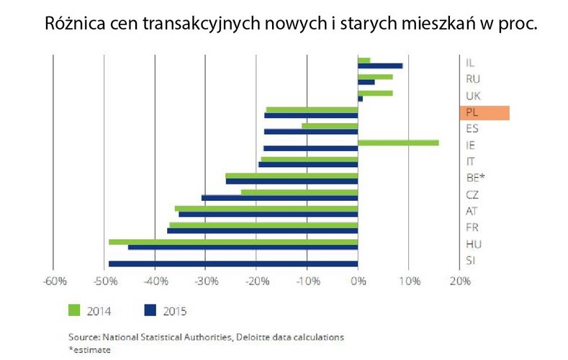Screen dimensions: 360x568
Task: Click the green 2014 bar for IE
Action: click(398, 143)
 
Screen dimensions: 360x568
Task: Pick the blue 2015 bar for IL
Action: click(380, 66)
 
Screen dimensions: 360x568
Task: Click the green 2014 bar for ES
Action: click(330, 126)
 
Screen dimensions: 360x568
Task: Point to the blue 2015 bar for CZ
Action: click(279, 197)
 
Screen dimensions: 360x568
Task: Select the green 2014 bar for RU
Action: click(375, 76)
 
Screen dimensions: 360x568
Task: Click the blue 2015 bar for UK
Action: click(361, 99)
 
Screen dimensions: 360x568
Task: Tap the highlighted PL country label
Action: click(484, 112)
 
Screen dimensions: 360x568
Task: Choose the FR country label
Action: click(473, 228)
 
